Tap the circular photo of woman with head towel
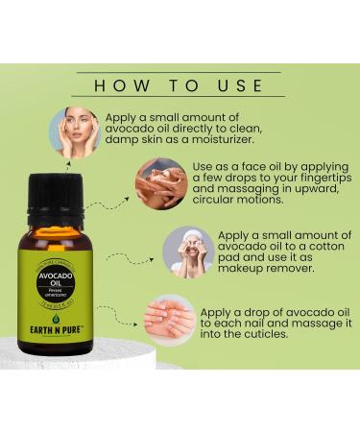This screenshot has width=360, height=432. [x=187, y=252]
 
